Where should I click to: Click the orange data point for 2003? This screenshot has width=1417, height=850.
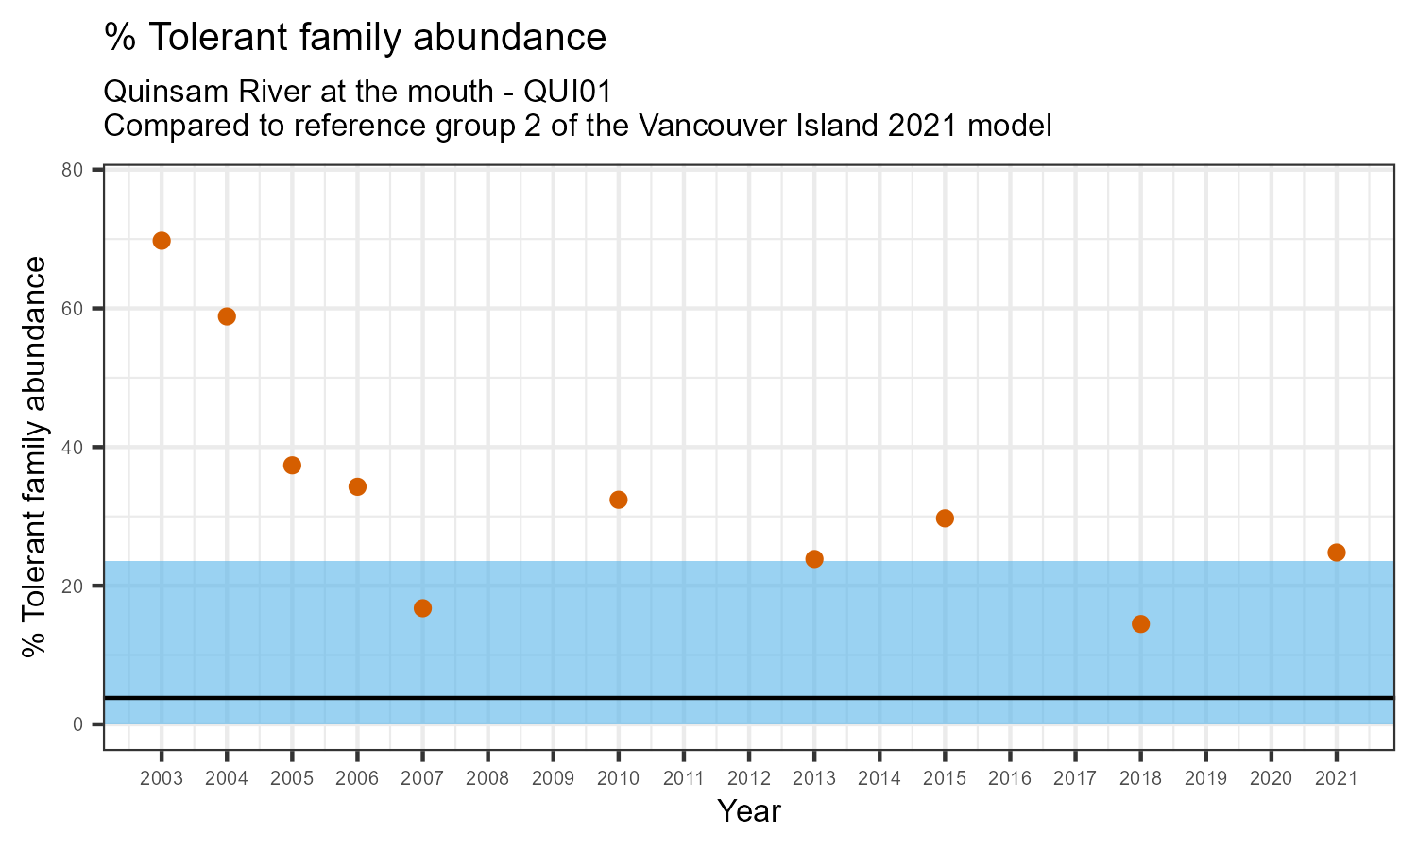[162, 241]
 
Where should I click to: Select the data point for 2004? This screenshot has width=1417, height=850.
[227, 316]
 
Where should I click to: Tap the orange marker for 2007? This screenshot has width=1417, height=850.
[422, 608]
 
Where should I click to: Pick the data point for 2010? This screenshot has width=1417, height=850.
[619, 500]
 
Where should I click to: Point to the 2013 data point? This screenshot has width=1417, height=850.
[814, 559]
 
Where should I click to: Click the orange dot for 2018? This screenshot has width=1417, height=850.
[1140, 623]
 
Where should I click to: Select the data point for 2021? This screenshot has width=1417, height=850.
[1336, 552]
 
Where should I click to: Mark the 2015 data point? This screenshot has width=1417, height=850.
[945, 518]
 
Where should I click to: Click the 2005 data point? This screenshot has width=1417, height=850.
[292, 466]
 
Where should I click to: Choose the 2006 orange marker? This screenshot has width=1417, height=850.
[357, 487]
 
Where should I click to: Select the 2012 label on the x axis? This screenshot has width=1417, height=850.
[749, 779]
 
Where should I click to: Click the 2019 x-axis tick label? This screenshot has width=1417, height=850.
[1205, 779]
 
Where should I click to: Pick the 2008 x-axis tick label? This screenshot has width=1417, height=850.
[487, 779]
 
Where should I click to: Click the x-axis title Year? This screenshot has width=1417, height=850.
[749, 811]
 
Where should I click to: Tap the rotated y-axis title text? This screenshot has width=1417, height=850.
[35, 457]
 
